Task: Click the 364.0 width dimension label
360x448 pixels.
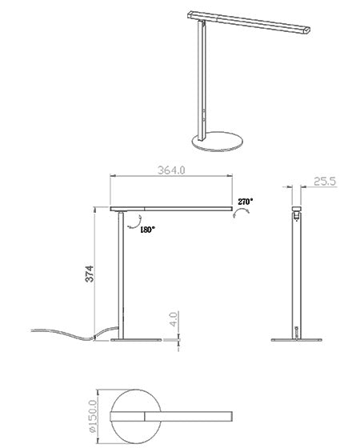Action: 171,170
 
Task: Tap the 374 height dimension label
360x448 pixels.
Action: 90,274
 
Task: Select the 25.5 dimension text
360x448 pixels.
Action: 325,182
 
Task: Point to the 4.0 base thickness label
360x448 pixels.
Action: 174,319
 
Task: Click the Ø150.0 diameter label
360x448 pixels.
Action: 93,416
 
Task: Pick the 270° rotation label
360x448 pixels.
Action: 246,202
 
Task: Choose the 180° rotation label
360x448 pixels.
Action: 147,230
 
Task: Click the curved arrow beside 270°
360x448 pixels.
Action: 241,213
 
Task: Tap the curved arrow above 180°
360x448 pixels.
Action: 135,222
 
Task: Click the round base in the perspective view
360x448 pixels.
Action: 218,142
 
